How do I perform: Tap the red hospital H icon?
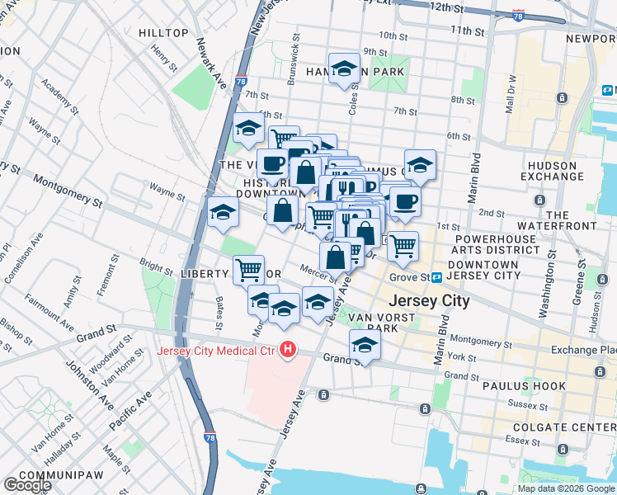click(x=287, y=350)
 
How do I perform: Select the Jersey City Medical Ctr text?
click(x=216, y=350)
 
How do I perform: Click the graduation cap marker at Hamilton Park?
click(x=344, y=69)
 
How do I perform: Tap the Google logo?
click(x=27, y=485)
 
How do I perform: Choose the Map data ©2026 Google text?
click(x=566, y=488)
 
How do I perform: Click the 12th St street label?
click(x=446, y=7)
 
